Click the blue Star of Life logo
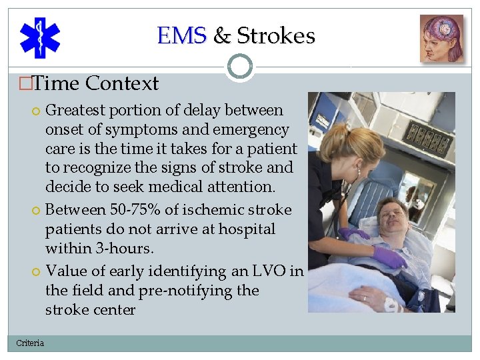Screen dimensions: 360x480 tap(39, 37)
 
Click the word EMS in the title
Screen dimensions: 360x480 tap(182, 35)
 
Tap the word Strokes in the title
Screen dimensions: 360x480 tap(276, 35)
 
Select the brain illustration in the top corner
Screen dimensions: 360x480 tap(441, 39)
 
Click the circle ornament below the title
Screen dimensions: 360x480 tap(240, 67)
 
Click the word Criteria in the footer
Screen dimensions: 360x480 tap(30, 343)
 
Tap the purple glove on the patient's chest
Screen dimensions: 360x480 tap(390, 257)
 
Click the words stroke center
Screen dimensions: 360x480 tap(90, 310)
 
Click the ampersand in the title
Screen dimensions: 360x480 tap(221, 35)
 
